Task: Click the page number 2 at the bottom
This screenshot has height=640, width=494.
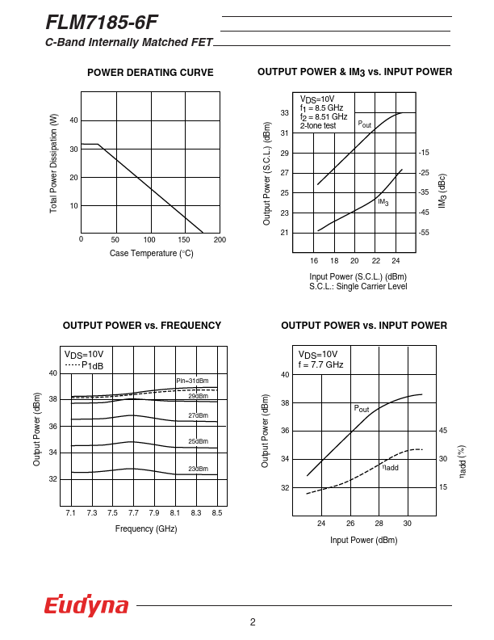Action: click(x=253, y=621)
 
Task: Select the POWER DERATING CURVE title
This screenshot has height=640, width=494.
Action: click(x=150, y=73)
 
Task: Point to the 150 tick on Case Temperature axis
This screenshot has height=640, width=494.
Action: click(x=185, y=240)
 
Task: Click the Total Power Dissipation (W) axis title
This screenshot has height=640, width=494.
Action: click(x=54, y=163)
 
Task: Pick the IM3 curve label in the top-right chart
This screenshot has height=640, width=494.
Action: click(x=383, y=202)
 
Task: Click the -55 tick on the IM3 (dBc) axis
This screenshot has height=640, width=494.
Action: click(x=424, y=233)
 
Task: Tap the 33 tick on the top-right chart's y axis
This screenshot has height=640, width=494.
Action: click(x=285, y=113)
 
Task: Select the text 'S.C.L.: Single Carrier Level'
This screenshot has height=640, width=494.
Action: click(x=358, y=286)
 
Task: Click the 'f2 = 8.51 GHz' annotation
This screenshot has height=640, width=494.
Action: click(x=324, y=116)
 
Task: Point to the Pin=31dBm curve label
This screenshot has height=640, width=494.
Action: click(x=192, y=381)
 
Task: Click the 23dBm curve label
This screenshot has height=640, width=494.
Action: click(x=198, y=469)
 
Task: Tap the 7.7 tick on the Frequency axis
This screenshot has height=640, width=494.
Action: click(x=133, y=513)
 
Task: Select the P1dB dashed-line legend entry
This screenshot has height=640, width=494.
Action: click(x=85, y=365)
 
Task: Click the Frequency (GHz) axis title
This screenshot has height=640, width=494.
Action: click(x=146, y=528)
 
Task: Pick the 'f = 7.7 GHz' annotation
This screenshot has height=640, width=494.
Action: click(x=320, y=364)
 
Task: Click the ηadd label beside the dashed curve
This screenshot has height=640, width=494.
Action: click(x=390, y=467)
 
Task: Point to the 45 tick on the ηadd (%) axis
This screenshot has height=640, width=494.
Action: click(x=443, y=431)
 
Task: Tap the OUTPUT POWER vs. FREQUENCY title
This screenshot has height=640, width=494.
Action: click(x=142, y=326)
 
